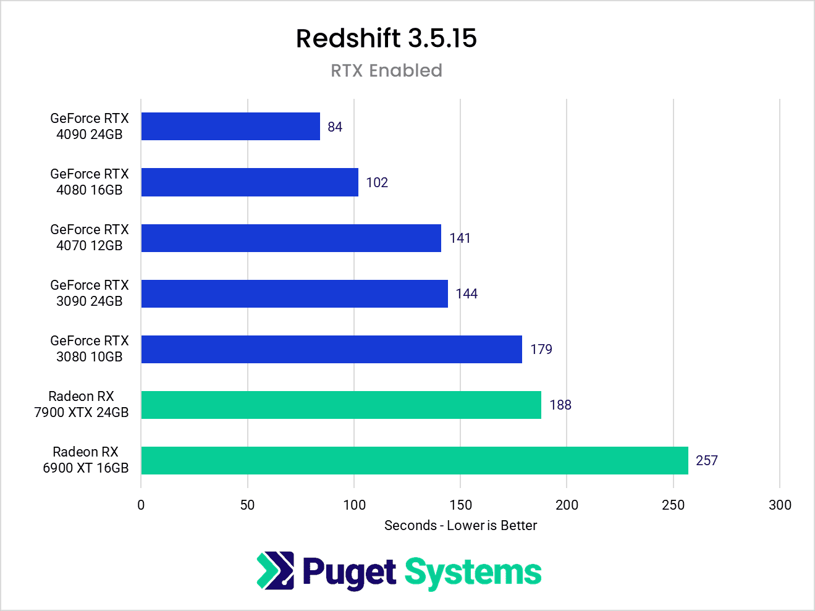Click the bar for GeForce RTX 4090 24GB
230,127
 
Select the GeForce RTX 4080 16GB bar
250,182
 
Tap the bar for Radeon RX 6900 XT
414,460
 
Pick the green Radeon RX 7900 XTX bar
341,405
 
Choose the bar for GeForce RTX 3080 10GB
331,349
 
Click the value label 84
335,127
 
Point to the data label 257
706,461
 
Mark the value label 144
467,294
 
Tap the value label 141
460,238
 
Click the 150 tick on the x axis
460,505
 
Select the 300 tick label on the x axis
780,505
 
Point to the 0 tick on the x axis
141,505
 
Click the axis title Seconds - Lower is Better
460,525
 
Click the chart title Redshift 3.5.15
386,38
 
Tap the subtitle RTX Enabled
386,70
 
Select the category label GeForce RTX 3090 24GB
90,293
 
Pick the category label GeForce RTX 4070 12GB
90,237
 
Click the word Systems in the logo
473,573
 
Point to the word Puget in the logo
349,573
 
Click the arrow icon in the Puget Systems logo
275,570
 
